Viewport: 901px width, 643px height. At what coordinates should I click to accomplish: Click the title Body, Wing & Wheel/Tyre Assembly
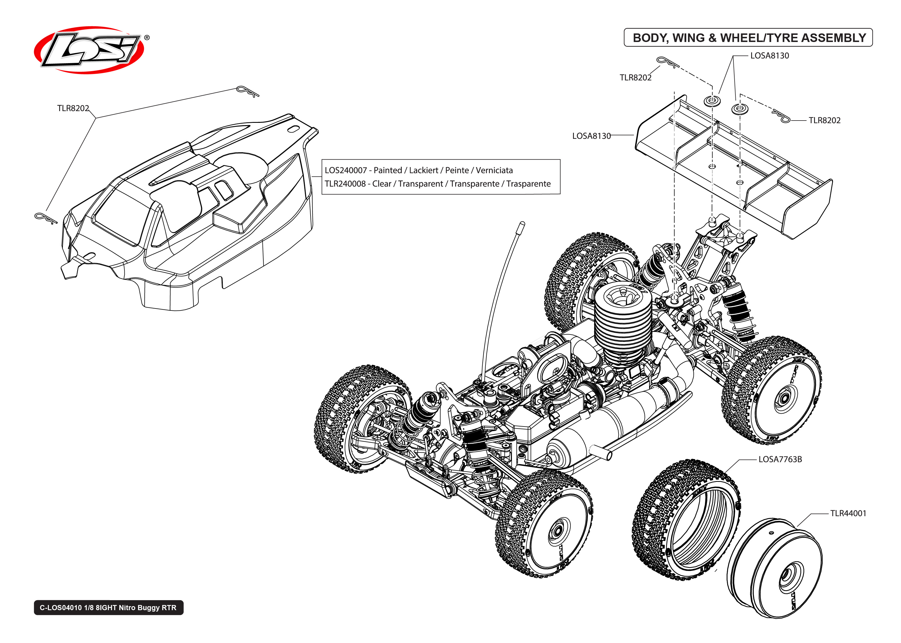(x=749, y=38)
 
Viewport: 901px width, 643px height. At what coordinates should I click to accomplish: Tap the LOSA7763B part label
(x=780, y=459)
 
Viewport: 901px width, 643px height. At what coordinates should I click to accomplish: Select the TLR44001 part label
(x=848, y=513)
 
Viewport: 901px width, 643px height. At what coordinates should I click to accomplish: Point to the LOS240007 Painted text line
(x=418, y=170)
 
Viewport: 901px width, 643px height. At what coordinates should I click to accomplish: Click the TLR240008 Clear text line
(x=437, y=184)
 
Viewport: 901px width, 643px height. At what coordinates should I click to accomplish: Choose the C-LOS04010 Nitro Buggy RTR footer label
(x=108, y=607)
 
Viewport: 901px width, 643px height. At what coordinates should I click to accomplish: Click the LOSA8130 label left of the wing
(x=591, y=136)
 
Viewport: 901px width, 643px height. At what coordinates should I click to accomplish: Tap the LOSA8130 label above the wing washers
(x=769, y=56)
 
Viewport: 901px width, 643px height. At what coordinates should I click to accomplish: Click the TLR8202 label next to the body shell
(x=73, y=108)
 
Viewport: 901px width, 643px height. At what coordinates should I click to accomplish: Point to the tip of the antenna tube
(x=522, y=224)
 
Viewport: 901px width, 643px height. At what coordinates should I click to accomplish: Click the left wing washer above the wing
(x=712, y=100)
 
